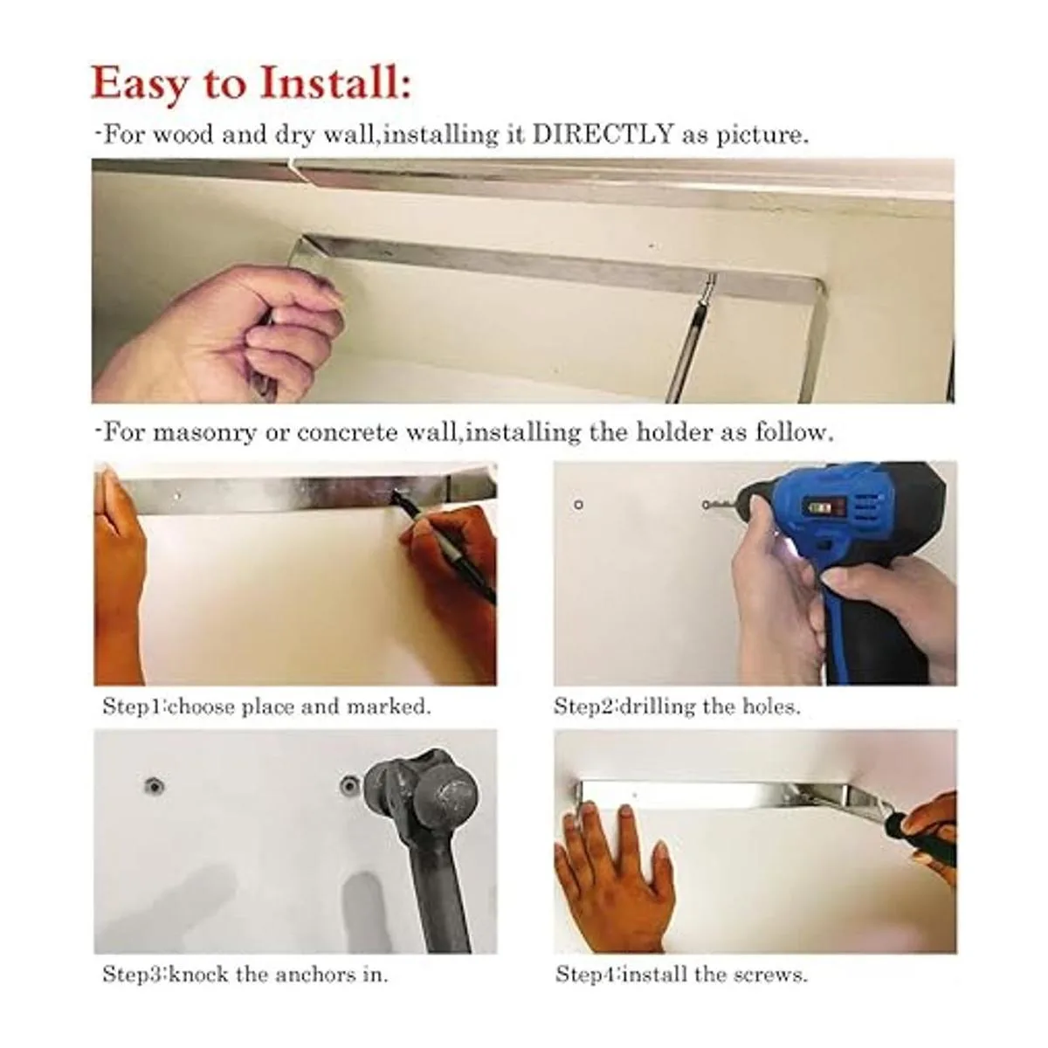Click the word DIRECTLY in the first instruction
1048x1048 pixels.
point(603,134)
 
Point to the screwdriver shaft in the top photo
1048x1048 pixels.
point(690,338)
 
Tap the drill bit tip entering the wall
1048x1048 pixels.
point(706,506)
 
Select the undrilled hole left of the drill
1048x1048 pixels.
point(579,505)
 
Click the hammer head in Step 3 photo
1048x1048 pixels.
point(423,785)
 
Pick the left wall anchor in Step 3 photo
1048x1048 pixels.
point(155,786)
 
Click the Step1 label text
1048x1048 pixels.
point(134,707)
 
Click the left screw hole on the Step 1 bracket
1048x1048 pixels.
point(177,496)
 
